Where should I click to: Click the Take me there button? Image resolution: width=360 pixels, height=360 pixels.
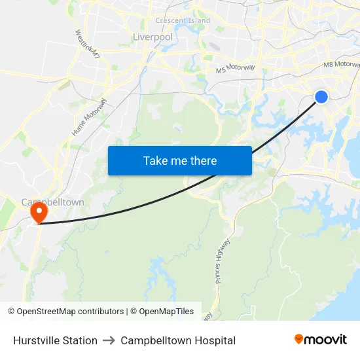(180, 160)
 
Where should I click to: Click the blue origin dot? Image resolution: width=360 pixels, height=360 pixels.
(321, 97)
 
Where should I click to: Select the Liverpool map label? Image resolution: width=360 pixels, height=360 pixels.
(153, 37)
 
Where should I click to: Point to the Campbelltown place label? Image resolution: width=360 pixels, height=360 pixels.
(52, 202)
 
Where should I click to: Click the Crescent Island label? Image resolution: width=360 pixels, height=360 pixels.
(183, 20)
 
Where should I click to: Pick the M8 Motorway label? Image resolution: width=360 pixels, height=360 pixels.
(341, 65)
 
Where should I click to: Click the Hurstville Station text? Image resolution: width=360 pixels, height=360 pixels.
(55, 340)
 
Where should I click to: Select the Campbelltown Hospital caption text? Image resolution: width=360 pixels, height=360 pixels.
(178, 340)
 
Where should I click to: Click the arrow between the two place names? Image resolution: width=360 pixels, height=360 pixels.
(109, 340)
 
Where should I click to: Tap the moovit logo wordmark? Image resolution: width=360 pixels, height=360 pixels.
(325, 340)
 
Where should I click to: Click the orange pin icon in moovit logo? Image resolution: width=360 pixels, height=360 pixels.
(299, 339)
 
